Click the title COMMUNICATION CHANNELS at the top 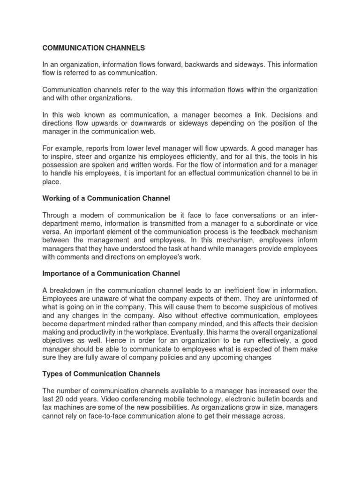pyautogui.click(x=94, y=48)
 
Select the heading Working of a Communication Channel pyautogui.click(x=106, y=198)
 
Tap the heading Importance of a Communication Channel pyautogui.click(x=111, y=273)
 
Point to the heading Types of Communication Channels pyautogui.click(x=101, y=374)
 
